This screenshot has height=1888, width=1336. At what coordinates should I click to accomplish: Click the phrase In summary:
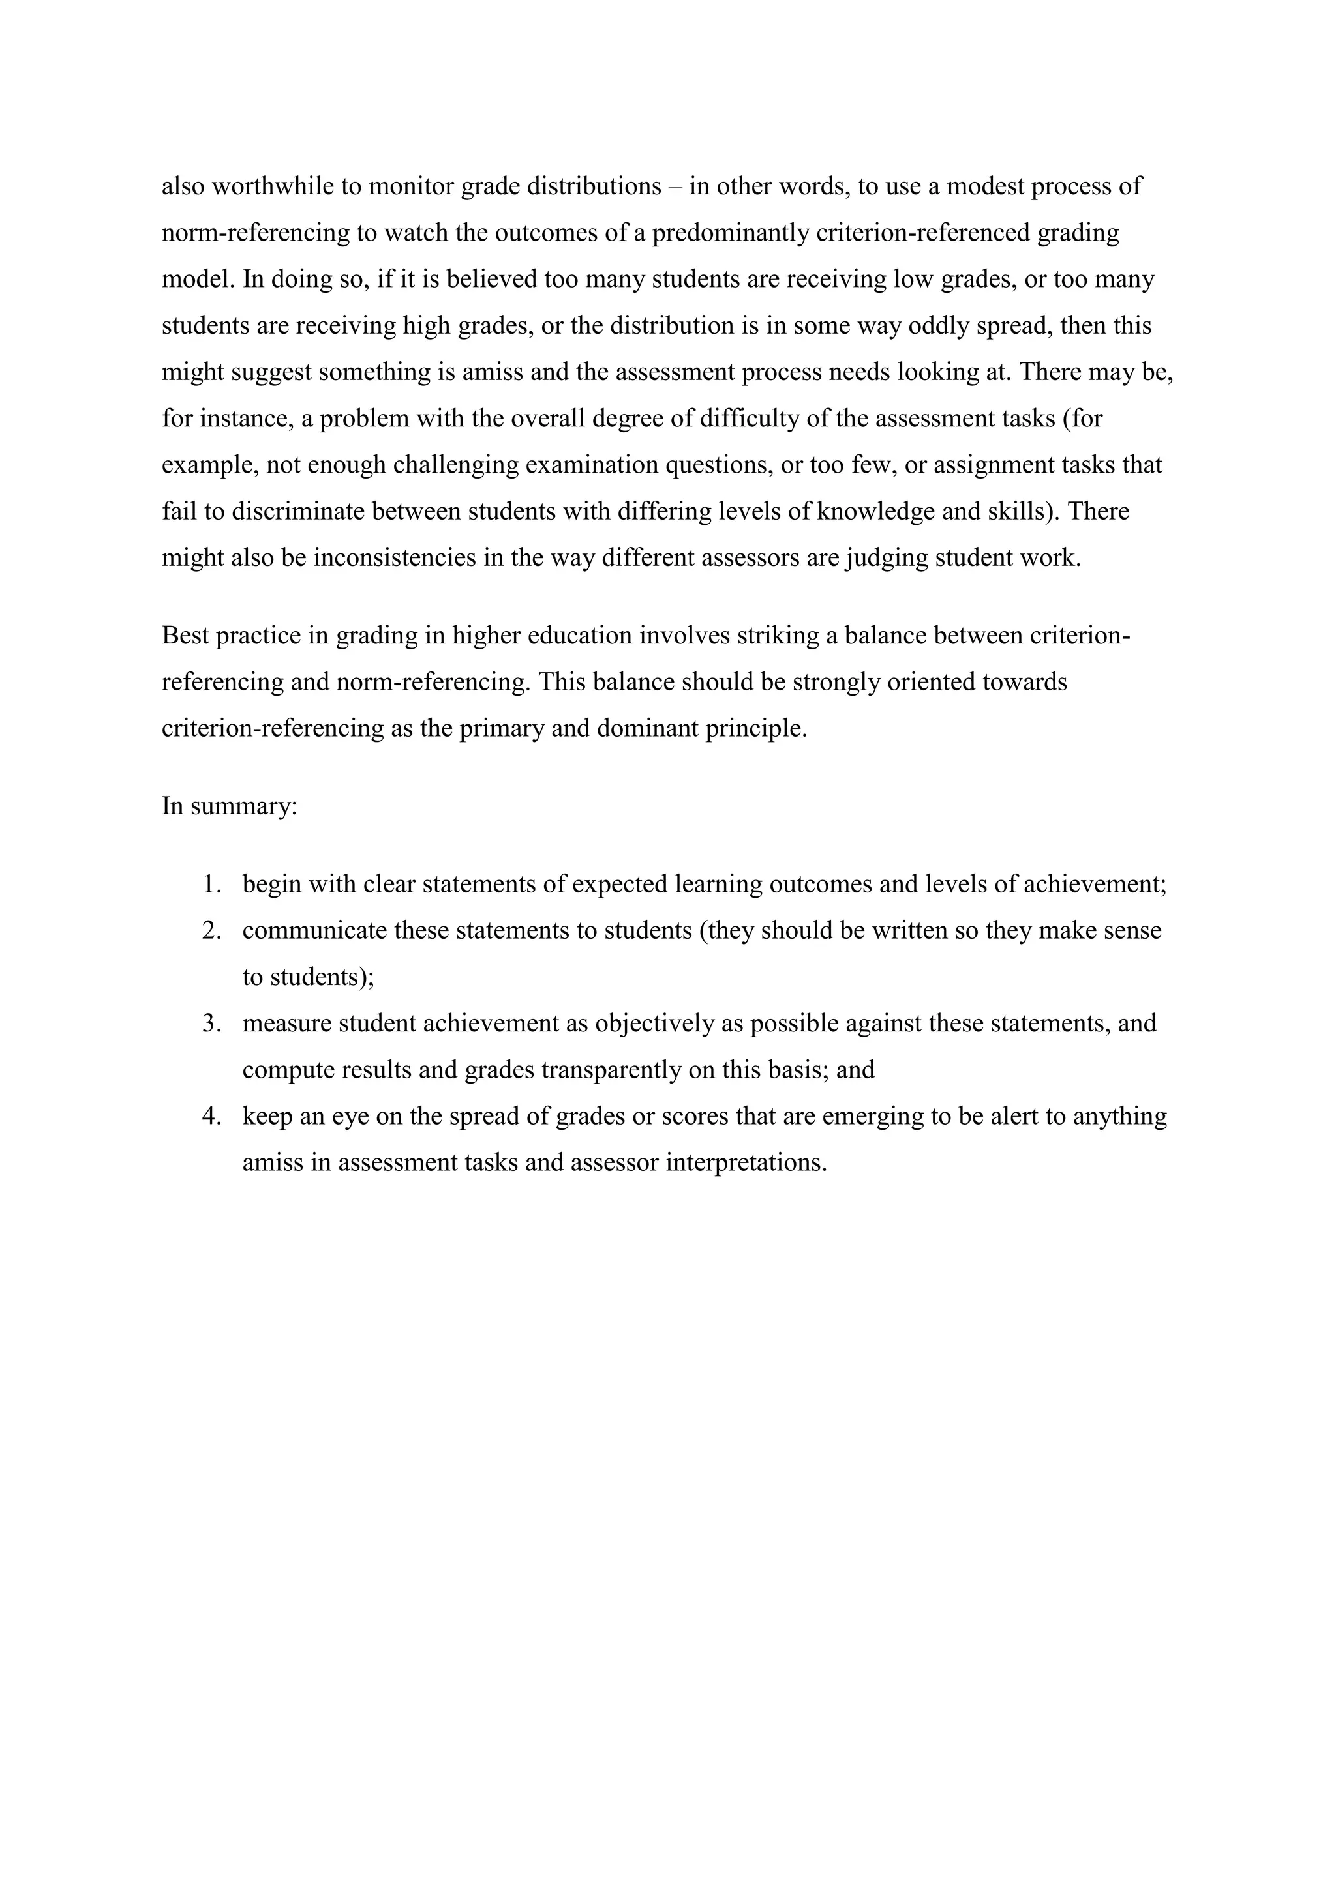pos(229,806)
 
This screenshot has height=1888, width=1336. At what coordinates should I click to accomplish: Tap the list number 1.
pos(211,885)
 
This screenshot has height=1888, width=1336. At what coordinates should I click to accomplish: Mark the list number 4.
pos(211,1117)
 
